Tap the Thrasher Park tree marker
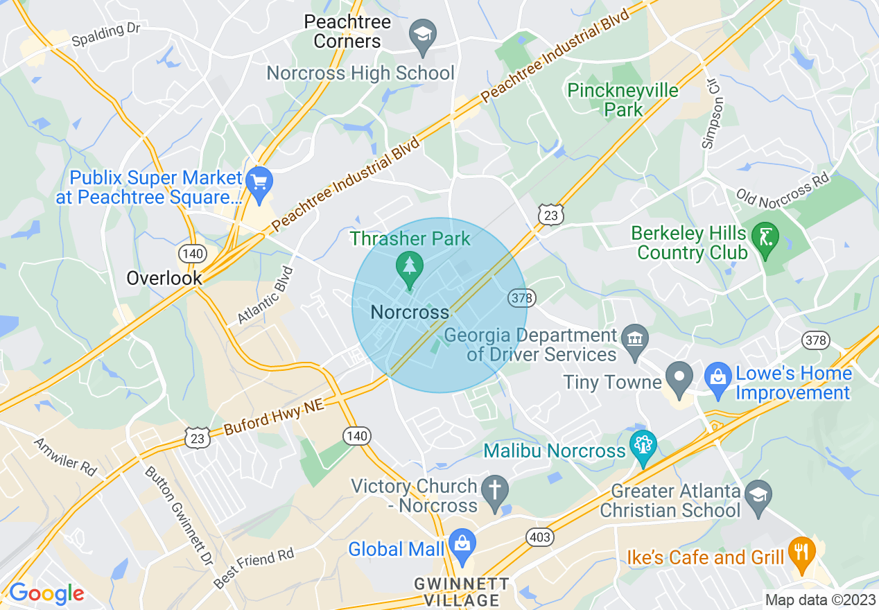pyautogui.click(x=409, y=265)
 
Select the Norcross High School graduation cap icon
pyautogui.click(x=421, y=33)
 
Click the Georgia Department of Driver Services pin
pyautogui.click(x=634, y=338)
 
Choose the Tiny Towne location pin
pyautogui.click(x=679, y=378)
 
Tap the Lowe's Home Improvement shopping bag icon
pyautogui.click(x=717, y=378)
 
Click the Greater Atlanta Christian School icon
pyautogui.click(x=758, y=494)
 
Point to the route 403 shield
pyautogui.click(x=540, y=537)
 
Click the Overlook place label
pyautogui.click(x=164, y=279)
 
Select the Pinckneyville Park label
pyautogui.click(x=623, y=100)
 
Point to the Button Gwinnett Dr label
pyautogui.click(x=178, y=515)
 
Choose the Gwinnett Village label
pyautogui.click(x=462, y=591)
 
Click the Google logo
pyautogui.click(x=46, y=593)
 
